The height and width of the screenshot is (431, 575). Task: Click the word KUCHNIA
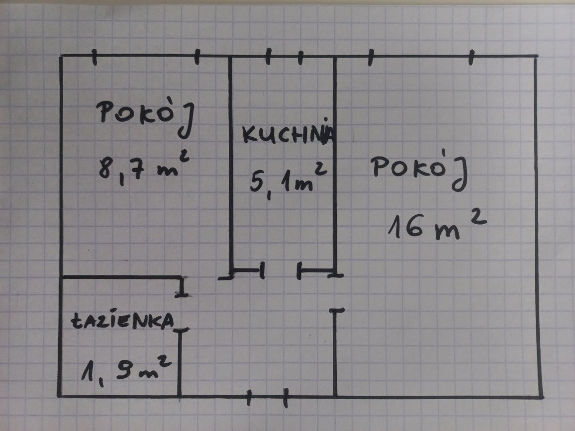point(288,133)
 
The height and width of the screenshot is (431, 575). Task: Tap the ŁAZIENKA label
point(122,320)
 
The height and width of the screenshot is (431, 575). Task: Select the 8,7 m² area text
point(144,167)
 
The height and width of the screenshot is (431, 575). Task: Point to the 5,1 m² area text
point(288,179)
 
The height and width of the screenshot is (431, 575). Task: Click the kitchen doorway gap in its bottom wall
point(281,271)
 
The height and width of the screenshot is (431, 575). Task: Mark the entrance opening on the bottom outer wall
point(267,397)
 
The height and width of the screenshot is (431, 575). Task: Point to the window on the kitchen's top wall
point(285,57)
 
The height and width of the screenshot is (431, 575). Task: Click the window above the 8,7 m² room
point(146,56)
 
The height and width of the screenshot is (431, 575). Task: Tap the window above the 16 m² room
point(421,57)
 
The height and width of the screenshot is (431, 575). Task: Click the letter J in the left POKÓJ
point(187,121)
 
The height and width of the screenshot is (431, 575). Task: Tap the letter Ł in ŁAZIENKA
point(78,321)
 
